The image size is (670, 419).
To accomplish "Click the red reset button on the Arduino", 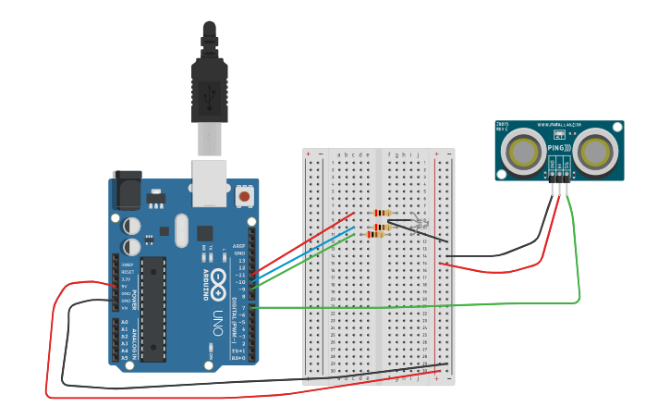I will point(244,195).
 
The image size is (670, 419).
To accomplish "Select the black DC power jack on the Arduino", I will point(126,190).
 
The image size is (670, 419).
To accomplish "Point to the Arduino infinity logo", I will point(218,283).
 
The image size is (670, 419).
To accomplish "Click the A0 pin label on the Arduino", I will point(124,322).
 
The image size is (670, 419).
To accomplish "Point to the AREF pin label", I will point(239,247).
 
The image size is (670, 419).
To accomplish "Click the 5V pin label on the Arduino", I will point(124,286).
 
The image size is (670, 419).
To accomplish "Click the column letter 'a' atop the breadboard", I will point(339,154).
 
